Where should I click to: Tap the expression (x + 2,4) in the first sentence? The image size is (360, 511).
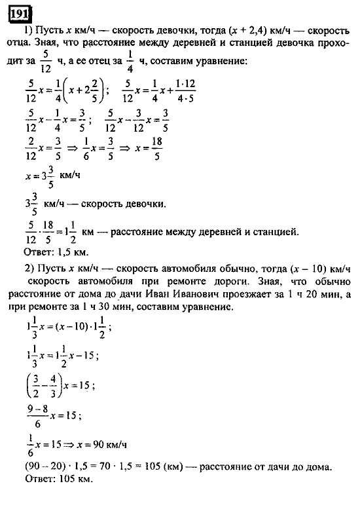(x=250, y=31)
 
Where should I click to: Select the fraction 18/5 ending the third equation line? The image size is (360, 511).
(x=155, y=151)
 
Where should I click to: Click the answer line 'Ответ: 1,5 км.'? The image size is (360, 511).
(x=55, y=252)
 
